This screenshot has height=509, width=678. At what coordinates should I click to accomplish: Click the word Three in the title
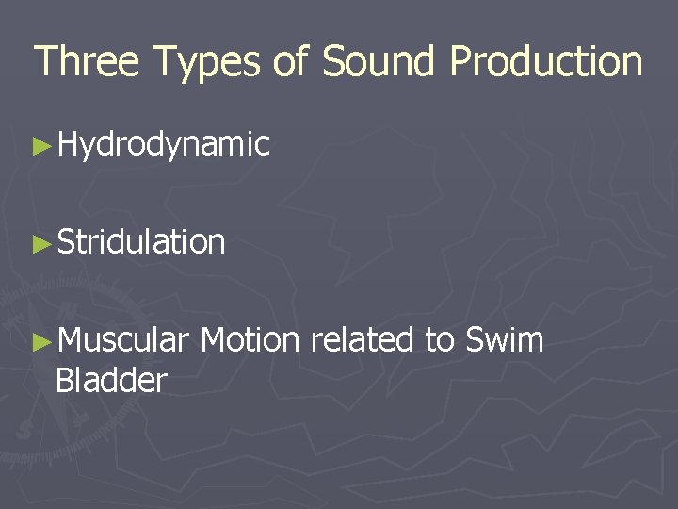[x=87, y=61]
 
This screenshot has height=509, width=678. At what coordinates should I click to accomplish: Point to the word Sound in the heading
[x=379, y=61]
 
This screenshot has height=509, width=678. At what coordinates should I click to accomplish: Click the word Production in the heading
[x=546, y=61]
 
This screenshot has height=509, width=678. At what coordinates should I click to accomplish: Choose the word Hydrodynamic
[x=163, y=145]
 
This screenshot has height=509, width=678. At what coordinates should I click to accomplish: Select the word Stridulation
[x=141, y=242]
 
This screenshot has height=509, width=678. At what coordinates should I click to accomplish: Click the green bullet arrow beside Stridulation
[x=40, y=243]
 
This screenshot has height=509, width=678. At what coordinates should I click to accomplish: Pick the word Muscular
[x=122, y=339]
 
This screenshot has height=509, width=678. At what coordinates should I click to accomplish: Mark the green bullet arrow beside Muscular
[x=40, y=340]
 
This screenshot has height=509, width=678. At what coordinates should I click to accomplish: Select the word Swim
[x=505, y=339]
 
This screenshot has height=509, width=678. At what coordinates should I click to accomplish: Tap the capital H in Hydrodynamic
[x=68, y=145]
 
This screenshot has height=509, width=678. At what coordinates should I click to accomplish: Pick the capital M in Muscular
[x=70, y=339]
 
